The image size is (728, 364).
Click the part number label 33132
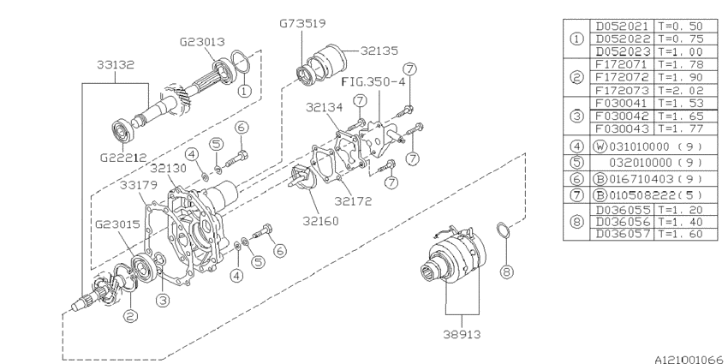pos(115,64)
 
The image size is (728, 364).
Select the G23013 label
pos(202,42)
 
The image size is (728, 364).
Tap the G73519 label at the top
pos(302,23)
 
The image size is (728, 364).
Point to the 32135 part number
pos(379,51)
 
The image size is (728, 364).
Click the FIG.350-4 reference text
pos(373,82)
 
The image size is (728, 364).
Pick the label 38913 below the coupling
pos(462,334)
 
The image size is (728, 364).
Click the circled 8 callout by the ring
pos(506,272)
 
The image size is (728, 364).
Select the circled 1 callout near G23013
pos(244,91)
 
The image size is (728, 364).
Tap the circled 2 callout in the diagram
pos(130,316)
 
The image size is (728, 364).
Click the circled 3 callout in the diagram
pos(162,301)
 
